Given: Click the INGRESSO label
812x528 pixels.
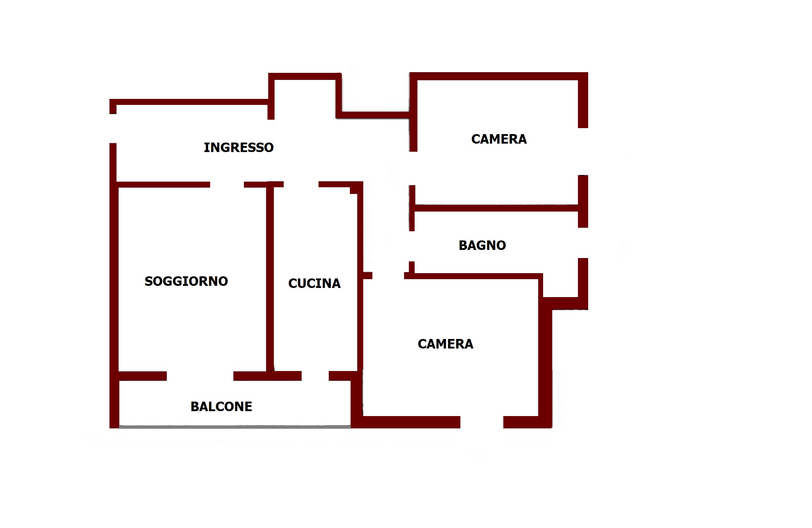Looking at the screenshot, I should pos(239,147).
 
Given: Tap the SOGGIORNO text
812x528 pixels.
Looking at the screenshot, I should pos(186,281).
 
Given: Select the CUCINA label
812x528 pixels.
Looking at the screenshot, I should pos(314,283).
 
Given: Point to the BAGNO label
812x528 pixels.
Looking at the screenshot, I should pos(482,245).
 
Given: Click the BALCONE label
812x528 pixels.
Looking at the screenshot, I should pos(221,407).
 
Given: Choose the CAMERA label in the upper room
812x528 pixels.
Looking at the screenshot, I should pos(499,139).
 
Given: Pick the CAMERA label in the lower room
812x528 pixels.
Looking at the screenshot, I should pos(445,344).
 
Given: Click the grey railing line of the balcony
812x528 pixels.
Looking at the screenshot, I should pos(235,427).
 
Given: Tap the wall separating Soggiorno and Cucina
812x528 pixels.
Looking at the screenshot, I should pos(270,278).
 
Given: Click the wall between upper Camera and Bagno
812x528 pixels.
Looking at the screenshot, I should pos(496,208).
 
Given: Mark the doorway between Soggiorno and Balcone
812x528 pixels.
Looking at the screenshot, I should pos(200,376).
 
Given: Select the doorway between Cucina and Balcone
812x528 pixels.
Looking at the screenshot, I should pos(315,376).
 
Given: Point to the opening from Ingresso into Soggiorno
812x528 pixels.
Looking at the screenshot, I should pos(227,184).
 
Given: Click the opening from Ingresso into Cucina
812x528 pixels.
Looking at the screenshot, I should pos(301,184).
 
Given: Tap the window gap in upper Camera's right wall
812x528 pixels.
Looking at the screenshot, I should pos(583,151).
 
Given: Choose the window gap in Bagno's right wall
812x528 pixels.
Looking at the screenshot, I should pos(583,243).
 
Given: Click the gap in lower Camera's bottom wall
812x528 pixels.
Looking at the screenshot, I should pos(481,422).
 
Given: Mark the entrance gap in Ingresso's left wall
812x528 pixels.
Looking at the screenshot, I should pos(113,128).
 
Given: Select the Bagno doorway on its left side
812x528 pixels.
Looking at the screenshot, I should pos(411,246).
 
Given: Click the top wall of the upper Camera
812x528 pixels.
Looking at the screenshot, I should pos(499,76).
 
